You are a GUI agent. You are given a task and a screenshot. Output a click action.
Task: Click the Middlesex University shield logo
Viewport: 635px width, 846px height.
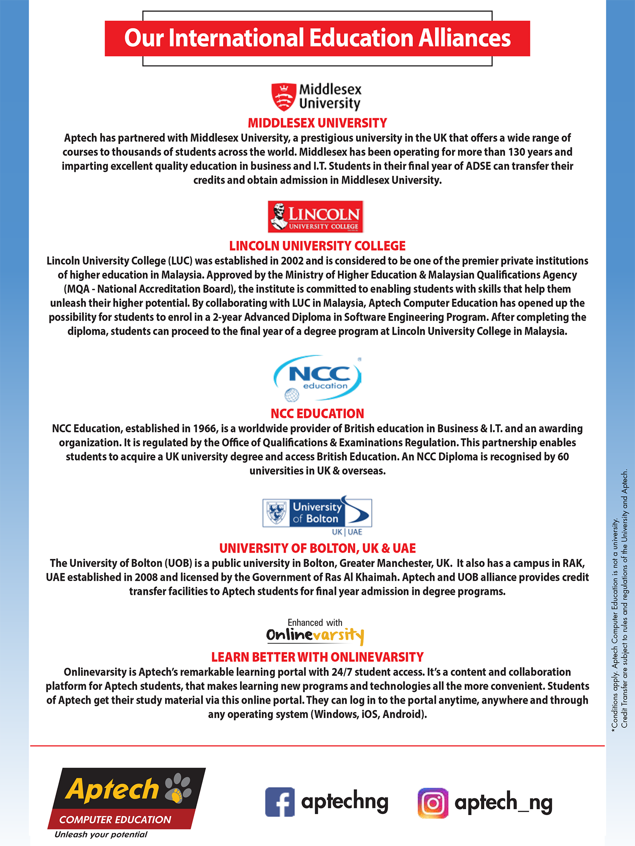(283, 97)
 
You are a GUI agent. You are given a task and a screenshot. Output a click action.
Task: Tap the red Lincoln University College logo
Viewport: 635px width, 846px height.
(315, 217)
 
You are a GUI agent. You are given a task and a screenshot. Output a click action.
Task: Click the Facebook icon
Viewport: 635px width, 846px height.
(280, 802)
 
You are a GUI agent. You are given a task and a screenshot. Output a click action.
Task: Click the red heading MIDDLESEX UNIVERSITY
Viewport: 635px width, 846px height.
(317, 123)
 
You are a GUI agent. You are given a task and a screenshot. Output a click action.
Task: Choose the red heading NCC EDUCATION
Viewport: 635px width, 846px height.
(317, 414)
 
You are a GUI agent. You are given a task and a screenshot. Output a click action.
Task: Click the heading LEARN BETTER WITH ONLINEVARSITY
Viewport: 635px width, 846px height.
(317, 657)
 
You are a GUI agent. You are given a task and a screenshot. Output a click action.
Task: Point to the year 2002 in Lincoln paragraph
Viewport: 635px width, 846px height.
(292, 261)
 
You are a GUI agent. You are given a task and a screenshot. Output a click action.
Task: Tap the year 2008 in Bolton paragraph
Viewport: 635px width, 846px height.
(146, 578)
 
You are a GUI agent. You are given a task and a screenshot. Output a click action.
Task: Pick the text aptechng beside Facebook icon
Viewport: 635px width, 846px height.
(345, 802)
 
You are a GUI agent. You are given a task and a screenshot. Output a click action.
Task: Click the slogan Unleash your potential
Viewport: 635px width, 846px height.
(101, 835)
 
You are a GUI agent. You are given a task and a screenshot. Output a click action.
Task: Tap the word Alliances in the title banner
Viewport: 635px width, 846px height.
(465, 38)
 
